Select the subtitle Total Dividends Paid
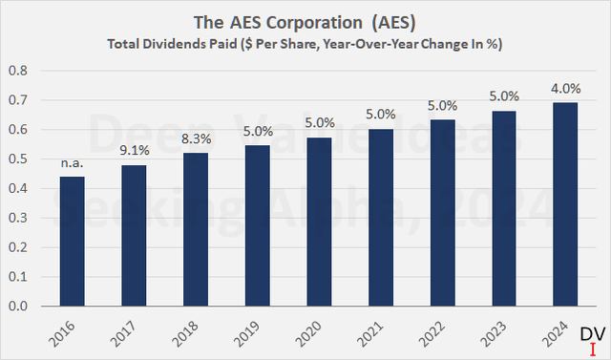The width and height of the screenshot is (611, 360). tap(305, 44)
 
